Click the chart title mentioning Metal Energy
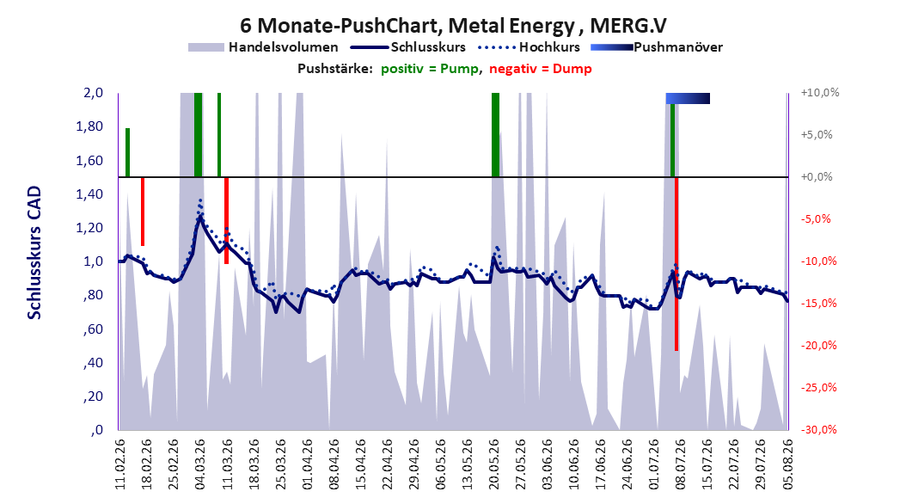pyautogui.click(x=453, y=26)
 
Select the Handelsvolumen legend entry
pyautogui.click(x=263, y=47)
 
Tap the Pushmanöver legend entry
pyautogui.click(x=657, y=47)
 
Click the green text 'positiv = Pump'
pyautogui.click(x=430, y=69)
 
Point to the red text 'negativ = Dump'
pyautogui.click(x=541, y=69)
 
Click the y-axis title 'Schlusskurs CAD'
pyautogui.click(x=34, y=253)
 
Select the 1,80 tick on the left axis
pyautogui.click(x=89, y=126)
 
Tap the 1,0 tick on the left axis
pyautogui.click(x=94, y=261)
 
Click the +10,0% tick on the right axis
pyautogui.click(x=820, y=93)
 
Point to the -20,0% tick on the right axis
pyautogui.click(x=818, y=346)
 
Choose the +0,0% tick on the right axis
pyautogui.click(x=817, y=177)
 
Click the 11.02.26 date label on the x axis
pyautogui.click(x=120, y=464)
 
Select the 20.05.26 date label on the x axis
pyautogui.click(x=494, y=464)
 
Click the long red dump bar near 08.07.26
pyautogui.click(x=676, y=263)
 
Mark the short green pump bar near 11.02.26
pyautogui.click(x=128, y=152)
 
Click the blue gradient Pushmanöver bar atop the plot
pyautogui.click(x=688, y=98)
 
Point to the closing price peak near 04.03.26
pyautogui.click(x=200, y=217)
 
